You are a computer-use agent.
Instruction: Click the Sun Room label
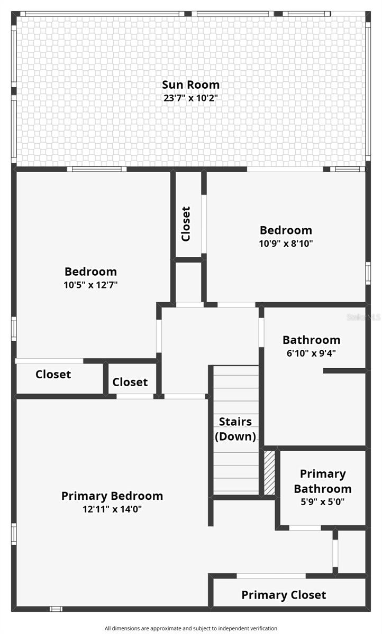point(190,85)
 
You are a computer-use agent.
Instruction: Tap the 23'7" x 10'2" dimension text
point(190,98)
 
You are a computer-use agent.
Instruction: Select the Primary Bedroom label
point(112,496)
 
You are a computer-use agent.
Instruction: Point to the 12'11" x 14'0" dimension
point(112,509)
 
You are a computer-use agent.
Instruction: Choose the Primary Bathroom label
point(322,481)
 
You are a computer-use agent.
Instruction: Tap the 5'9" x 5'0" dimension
point(322,502)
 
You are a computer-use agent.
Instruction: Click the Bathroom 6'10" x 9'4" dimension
point(311,353)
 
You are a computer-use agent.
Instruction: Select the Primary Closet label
point(284,595)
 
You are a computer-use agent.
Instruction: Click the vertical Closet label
point(186,223)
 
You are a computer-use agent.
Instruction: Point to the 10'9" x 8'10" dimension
point(286,244)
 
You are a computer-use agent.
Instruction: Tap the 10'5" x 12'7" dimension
point(90,285)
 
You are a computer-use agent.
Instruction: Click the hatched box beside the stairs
point(270,472)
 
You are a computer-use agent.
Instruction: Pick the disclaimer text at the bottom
point(190,628)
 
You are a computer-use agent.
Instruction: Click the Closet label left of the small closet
point(53,375)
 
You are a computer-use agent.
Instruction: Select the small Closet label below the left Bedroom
point(130,382)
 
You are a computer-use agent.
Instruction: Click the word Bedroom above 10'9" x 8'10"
point(286,230)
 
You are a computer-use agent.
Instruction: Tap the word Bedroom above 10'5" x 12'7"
point(90,272)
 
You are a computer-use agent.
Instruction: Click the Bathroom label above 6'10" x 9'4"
point(311,340)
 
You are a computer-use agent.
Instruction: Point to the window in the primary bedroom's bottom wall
point(56,609)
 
